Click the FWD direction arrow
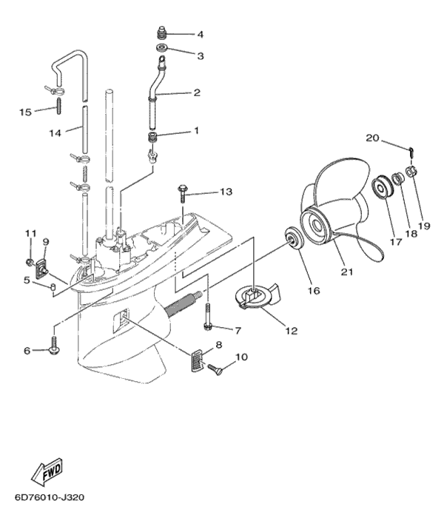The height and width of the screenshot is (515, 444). pyautogui.click(x=47, y=472)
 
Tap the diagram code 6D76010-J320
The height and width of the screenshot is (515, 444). pyautogui.click(x=50, y=497)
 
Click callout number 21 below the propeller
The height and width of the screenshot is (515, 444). pyautogui.click(x=347, y=272)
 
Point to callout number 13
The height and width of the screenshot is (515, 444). pyautogui.click(x=226, y=192)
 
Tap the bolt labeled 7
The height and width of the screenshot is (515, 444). pyautogui.click(x=208, y=316)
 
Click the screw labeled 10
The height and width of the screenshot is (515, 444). pyautogui.click(x=215, y=369)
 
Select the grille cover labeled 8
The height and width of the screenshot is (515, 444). pyautogui.click(x=198, y=360)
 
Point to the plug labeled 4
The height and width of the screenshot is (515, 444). pyautogui.click(x=161, y=32)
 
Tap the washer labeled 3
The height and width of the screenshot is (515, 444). pyautogui.click(x=162, y=48)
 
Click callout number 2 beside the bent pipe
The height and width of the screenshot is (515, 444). pyautogui.click(x=197, y=92)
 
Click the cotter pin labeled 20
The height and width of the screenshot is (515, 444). pyautogui.click(x=411, y=152)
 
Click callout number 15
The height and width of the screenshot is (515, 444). pyautogui.click(x=25, y=112)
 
